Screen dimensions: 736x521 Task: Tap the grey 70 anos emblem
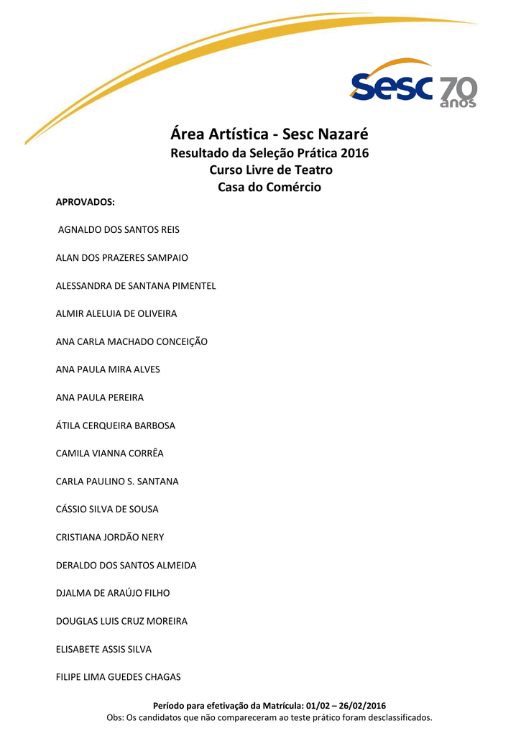458,92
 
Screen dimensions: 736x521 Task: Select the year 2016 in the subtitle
355,153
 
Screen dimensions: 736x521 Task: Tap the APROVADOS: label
86,203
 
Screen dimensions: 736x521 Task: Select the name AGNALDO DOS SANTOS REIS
119,230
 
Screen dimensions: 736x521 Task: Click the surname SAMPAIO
167,258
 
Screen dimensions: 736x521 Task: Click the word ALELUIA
109,314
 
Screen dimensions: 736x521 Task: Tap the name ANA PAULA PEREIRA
100,397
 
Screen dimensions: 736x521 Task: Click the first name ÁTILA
68,425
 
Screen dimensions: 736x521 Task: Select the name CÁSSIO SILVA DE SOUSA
107,510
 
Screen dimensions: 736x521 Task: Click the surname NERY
151,538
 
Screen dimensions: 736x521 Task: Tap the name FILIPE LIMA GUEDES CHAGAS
119,677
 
